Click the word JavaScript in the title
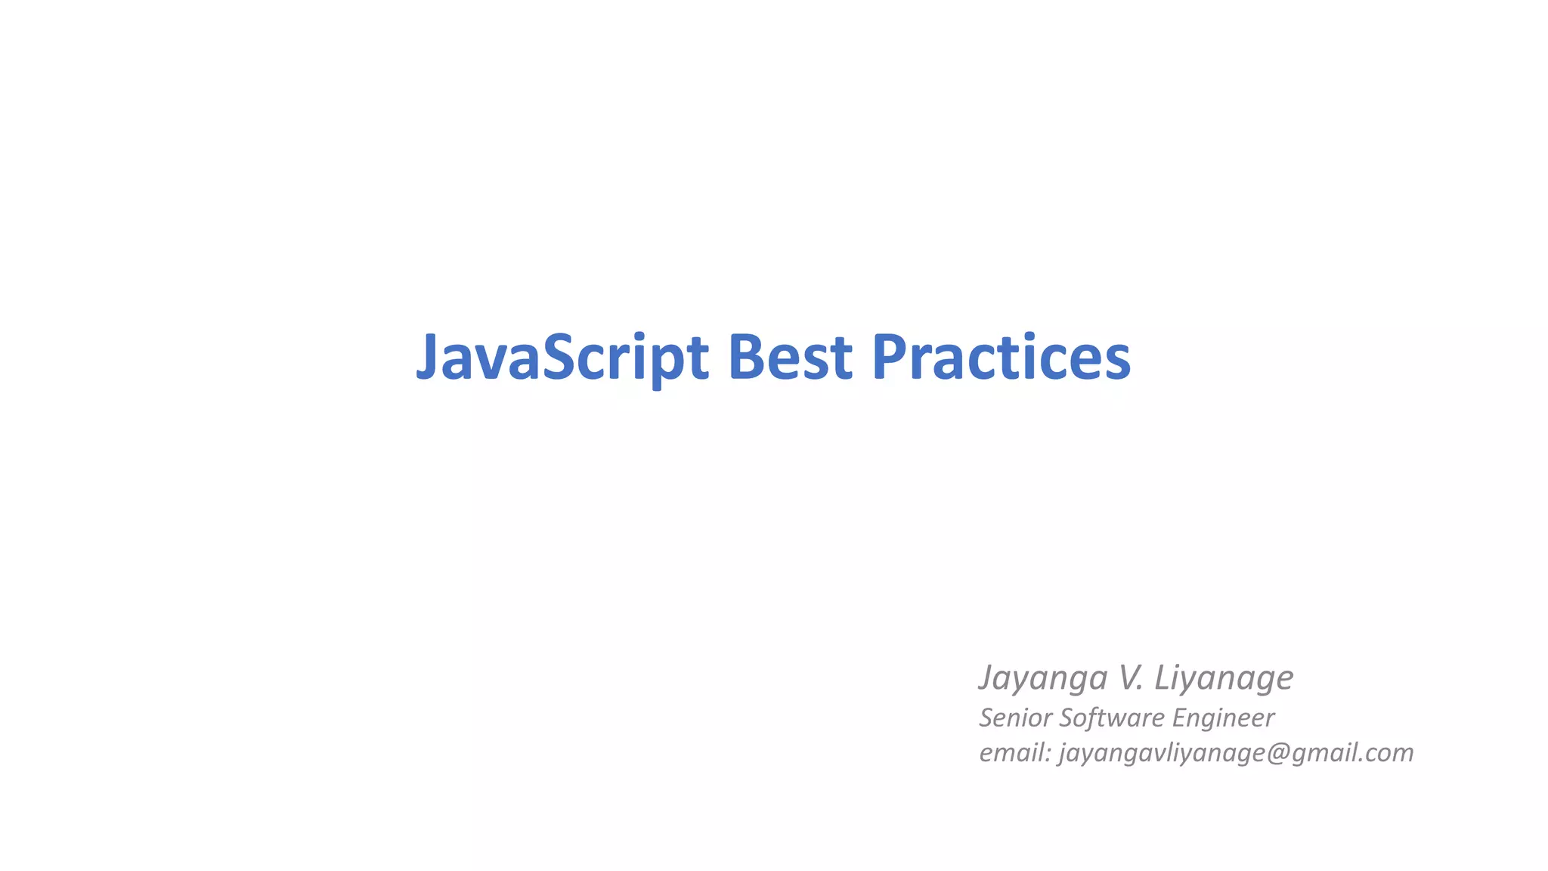click(x=562, y=357)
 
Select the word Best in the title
click(x=790, y=357)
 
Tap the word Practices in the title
click(x=1001, y=357)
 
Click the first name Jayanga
click(x=1043, y=677)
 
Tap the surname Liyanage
click(x=1224, y=677)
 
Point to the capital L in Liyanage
click(x=1162, y=677)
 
